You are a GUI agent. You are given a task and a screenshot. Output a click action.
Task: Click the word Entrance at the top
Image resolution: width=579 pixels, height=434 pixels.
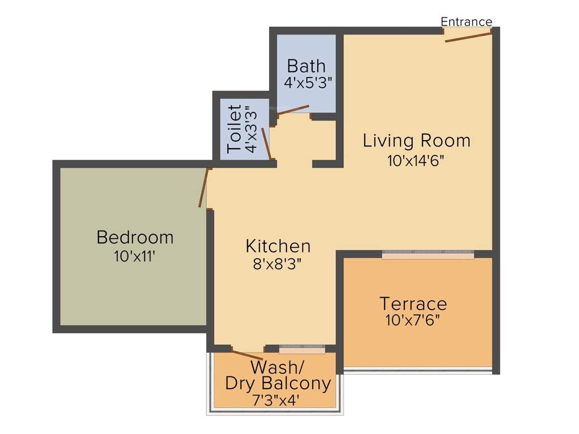(466, 21)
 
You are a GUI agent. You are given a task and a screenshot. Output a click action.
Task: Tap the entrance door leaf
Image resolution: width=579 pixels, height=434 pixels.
(468, 37)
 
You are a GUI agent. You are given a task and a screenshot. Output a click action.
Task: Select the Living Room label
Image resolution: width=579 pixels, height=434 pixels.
(417, 140)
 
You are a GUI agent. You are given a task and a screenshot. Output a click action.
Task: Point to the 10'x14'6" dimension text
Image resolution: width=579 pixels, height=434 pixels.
(416, 160)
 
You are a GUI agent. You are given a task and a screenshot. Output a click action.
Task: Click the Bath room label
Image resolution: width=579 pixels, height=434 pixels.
(306, 66)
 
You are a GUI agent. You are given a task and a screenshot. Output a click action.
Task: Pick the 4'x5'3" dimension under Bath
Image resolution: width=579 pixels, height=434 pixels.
(308, 83)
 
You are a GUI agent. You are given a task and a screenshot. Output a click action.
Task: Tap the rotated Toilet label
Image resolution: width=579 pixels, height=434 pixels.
(235, 129)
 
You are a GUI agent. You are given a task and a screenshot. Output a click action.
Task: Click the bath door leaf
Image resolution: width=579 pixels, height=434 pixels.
(293, 110)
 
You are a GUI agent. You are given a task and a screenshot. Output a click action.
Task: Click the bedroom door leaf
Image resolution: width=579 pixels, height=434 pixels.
(204, 188)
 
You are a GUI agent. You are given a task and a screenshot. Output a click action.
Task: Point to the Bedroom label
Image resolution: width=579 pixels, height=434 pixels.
(135, 237)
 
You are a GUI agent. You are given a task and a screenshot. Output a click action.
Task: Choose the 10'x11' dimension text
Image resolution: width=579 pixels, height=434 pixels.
(135, 257)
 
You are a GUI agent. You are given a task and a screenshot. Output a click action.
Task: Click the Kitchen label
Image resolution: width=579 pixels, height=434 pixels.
(278, 246)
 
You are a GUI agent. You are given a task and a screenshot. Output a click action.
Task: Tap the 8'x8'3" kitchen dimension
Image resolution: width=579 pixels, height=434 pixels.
(278, 264)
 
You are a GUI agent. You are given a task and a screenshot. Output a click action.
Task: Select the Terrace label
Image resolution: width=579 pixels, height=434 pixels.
(413, 303)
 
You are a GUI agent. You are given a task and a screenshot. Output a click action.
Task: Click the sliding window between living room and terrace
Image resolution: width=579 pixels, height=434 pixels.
(427, 255)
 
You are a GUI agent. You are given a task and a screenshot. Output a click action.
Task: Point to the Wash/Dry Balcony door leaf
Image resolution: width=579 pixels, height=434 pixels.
(247, 355)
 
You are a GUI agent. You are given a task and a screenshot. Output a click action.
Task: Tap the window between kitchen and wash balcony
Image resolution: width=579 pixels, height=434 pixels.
(302, 350)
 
